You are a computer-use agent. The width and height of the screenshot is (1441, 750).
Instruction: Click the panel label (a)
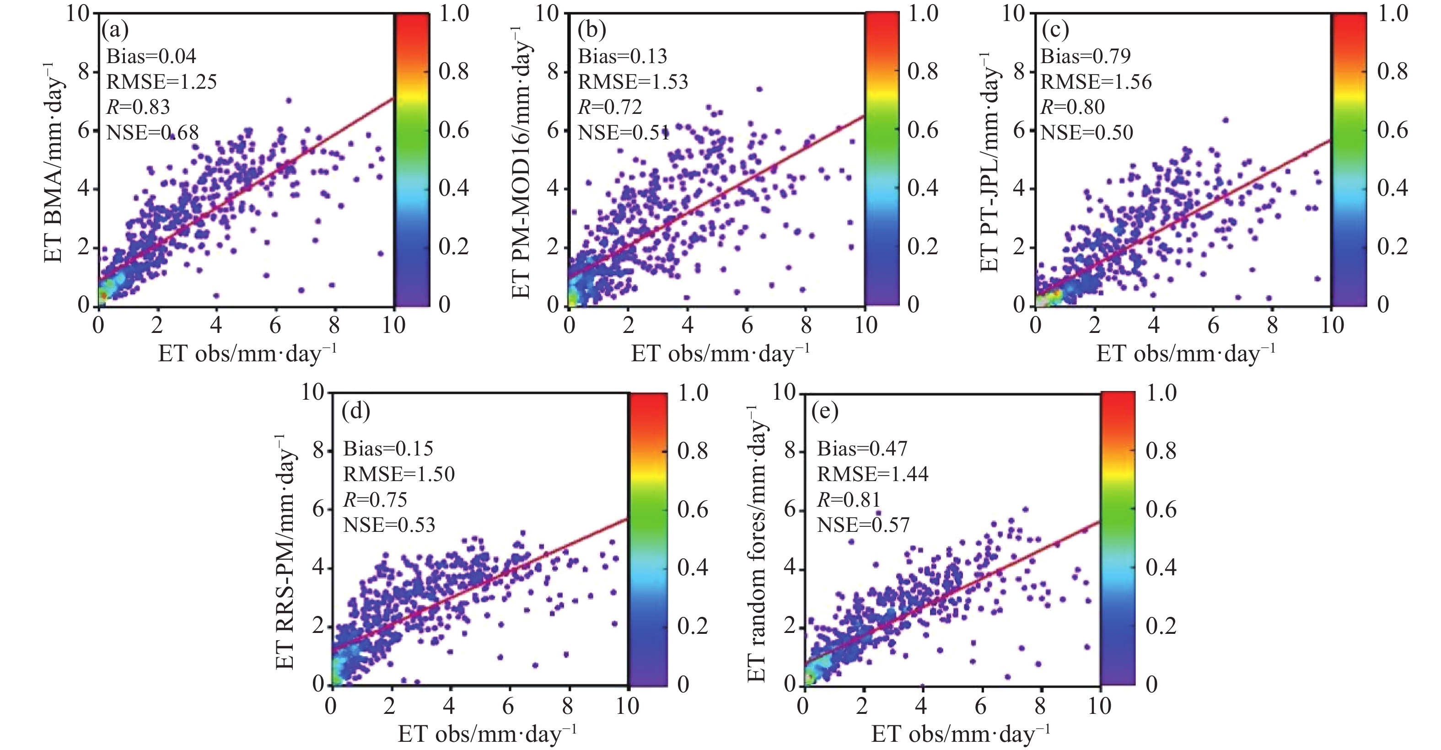pos(115,29)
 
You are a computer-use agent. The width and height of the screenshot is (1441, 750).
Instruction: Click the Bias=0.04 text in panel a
pos(151,56)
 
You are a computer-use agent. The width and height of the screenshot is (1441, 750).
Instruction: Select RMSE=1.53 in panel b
pos(633,82)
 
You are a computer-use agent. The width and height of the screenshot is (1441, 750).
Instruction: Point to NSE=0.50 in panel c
pos(1086,132)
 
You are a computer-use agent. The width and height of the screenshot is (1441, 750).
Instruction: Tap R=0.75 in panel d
pos(375,499)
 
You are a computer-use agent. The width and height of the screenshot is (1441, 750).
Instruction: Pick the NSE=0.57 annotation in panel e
pos(863,525)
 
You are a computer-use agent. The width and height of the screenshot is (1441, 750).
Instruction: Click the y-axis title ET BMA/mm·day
pos(53,162)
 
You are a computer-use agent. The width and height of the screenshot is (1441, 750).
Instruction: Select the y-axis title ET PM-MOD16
pos(522,162)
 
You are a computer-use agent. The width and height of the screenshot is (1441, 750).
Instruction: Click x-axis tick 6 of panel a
pos(275,325)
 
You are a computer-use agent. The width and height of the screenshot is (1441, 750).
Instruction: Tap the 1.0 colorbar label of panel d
pos(693,393)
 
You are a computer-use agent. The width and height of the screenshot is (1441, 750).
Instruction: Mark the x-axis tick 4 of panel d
pos(449,706)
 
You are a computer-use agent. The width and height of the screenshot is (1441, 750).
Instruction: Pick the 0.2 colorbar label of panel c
pos(1393,246)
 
